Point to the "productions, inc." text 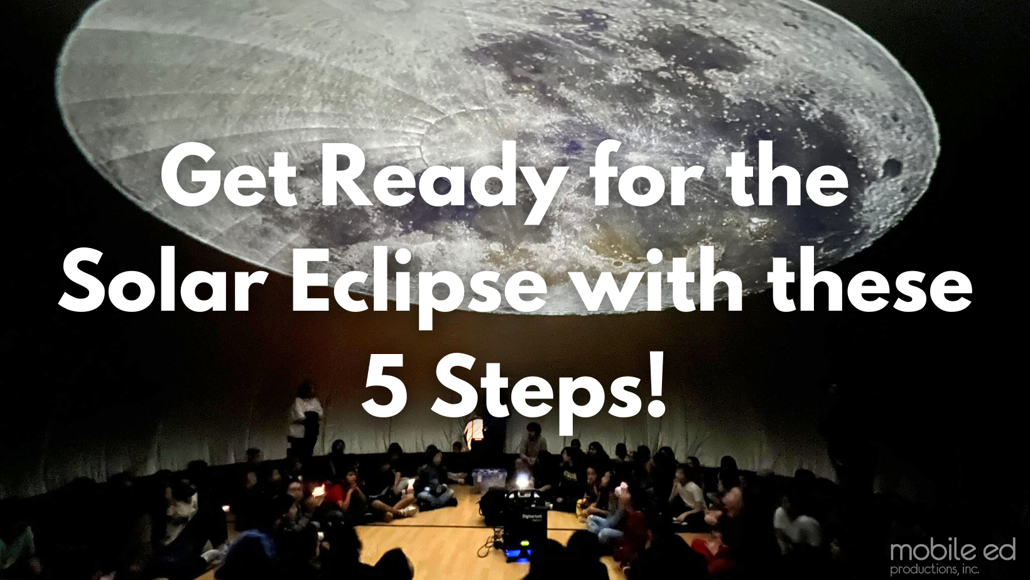click(934, 569)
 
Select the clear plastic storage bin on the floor click(489, 479)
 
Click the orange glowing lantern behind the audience click(474, 432)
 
